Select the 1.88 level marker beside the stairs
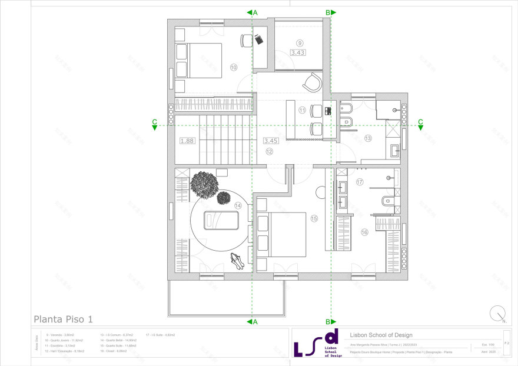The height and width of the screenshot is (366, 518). [187, 141]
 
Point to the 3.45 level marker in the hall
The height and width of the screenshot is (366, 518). [270, 141]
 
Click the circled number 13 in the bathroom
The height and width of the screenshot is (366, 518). [368, 138]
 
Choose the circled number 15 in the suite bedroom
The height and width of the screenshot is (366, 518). [314, 218]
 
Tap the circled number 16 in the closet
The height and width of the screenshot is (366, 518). [364, 232]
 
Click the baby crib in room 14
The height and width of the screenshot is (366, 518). [221, 221]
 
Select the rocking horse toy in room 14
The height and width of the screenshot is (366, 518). [237, 259]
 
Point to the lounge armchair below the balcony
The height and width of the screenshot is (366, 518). [312, 82]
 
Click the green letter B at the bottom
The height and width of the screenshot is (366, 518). [328, 322]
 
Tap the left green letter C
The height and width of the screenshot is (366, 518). [154, 122]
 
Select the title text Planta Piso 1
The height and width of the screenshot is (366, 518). [63, 320]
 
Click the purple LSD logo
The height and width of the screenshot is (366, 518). [318, 344]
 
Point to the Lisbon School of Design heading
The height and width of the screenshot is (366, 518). [381, 335]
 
